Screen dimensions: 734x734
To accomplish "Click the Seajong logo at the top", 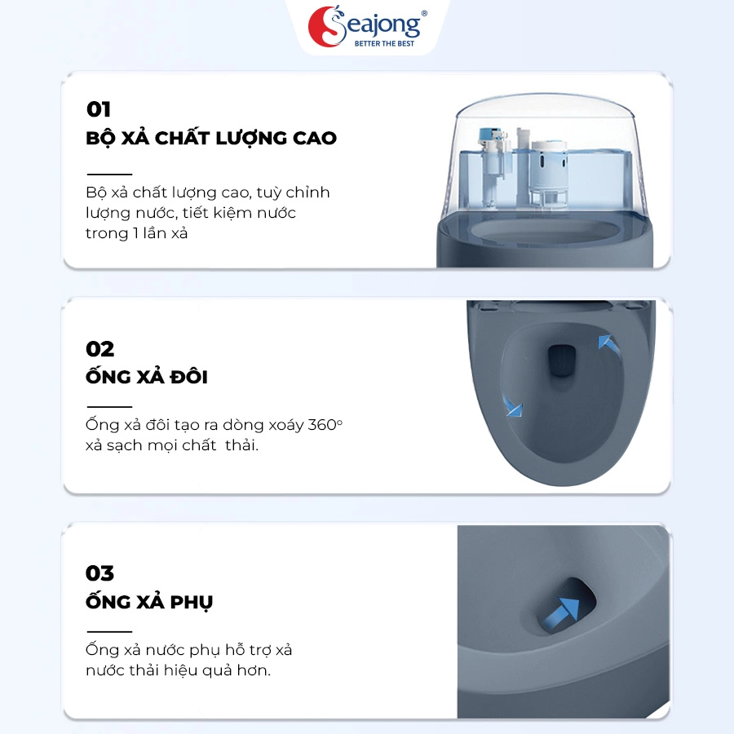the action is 368,26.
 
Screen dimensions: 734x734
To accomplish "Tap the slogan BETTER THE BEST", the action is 384,43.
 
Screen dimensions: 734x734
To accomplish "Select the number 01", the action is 99,109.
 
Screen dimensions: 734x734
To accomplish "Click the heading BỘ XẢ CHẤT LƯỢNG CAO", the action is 211,138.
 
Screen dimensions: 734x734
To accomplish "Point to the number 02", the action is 99,349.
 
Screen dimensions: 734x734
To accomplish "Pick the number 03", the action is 99,573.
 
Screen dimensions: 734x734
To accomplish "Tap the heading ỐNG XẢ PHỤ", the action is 149,600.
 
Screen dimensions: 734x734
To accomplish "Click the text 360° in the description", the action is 325,425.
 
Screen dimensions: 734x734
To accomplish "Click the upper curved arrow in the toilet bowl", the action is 609,344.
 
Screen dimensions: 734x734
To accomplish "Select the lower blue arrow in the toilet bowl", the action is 512,407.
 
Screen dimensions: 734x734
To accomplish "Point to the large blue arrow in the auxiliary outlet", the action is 562,612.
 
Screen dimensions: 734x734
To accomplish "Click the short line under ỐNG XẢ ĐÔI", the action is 109,407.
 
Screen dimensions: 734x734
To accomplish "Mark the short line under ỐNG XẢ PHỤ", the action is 109,631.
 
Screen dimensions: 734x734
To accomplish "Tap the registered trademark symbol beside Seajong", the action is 424,13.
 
